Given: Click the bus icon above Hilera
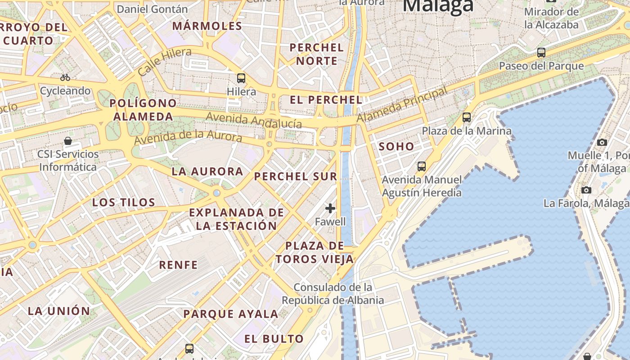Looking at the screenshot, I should [x=241, y=78].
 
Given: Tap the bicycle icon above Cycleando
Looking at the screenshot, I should [x=65, y=77].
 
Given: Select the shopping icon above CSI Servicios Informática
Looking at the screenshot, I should [x=68, y=141].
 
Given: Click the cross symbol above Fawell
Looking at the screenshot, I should [x=330, y=208].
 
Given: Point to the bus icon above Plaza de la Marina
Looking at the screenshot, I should [x=467, y=117].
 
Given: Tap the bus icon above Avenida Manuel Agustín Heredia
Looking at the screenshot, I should [x=422, y=166].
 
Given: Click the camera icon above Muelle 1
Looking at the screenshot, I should [x=602, y=142].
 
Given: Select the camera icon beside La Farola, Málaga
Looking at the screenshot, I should [x=586, y=190].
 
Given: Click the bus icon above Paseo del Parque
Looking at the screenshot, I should [x=541, y=53].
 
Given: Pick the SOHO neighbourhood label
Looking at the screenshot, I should [x=396, y=146].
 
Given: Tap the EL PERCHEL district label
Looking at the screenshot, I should [x=326, y=100].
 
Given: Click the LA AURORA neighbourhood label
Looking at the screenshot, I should [x=207, y=171].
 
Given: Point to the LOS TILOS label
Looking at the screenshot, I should [x=123, y=202].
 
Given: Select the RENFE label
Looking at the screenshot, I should [x=178, y=265].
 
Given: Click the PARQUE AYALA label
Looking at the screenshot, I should [x=230, y=314].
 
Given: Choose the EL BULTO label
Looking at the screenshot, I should [x=274, y=339].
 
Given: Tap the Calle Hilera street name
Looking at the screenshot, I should [x=165, y=62].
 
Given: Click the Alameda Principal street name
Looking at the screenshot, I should [x=402, y=104].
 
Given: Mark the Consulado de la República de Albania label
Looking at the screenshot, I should [x=333, y=293].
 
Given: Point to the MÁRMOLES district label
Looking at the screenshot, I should [x=207, y=26].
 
